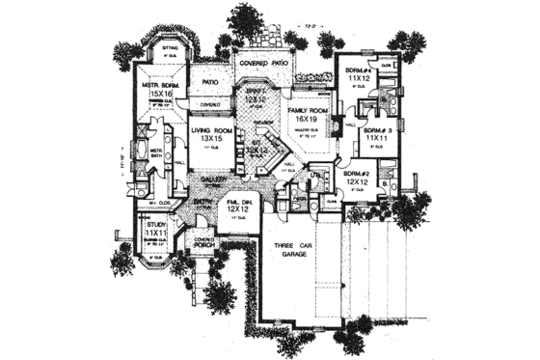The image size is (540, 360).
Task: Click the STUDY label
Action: point(155,223)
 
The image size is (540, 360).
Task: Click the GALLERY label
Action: point(214,180)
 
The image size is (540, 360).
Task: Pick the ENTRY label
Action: point(202,201)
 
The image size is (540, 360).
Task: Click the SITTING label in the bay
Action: point(170,46)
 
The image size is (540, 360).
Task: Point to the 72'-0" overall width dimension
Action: point(310,16)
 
